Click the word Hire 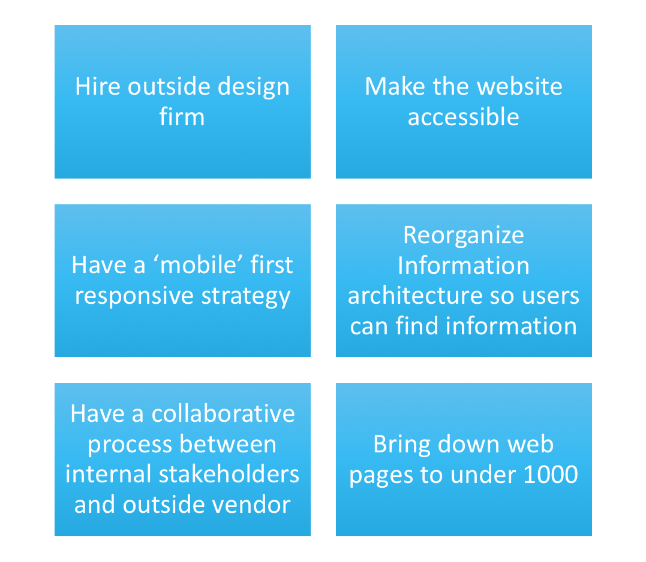click(97, 86)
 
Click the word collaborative click(223, 413)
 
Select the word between click(228, 445)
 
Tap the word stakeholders click(229, 474)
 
